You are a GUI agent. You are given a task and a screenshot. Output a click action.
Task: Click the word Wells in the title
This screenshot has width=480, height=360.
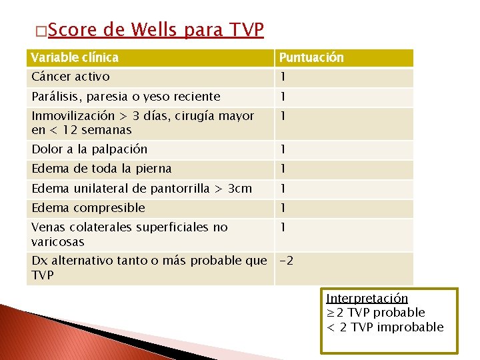click(x=155, y=29)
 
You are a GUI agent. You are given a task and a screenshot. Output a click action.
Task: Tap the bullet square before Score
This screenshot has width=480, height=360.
click(x=41, y=31)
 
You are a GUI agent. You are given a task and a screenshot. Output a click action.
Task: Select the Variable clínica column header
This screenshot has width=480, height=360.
click(x=75, y=57)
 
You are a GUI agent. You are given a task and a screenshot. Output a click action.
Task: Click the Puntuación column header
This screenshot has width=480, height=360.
click(x=311, y=57)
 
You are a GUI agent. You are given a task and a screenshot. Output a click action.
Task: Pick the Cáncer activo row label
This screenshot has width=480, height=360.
click(x=71, y=77)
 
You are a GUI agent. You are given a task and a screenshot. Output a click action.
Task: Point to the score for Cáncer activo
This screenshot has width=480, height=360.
click(x=283, y=77)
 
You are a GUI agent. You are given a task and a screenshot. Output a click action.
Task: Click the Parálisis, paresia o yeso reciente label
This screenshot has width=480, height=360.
click(x=125, y=97)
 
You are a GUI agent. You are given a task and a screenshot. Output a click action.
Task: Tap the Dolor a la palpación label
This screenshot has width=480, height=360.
click(x=89, y=149)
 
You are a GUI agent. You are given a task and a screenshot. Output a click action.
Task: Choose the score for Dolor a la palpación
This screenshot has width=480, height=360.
click(x=283, y=149)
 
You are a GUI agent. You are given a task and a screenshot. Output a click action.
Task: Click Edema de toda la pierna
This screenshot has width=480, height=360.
click(x=101, y=169)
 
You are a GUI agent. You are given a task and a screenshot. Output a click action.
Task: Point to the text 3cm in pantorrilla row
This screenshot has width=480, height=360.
click(x=240, y=188)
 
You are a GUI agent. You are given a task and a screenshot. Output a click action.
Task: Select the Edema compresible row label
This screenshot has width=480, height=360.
click(x=88, y=208)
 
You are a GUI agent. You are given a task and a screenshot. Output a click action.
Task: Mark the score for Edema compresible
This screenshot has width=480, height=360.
click(x=283, y=208)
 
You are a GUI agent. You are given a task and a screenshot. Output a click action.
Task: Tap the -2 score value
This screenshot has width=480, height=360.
click(x=286, y=261)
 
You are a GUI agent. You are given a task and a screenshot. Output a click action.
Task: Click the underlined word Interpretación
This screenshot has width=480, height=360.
click(x=367, y=298)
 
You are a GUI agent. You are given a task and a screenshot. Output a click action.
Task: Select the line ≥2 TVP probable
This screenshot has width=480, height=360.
click(x=375, y=312)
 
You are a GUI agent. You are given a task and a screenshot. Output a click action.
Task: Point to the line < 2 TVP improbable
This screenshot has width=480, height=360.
click(x=385, y=327)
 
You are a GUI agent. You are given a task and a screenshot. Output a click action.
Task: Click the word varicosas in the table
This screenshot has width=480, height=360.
click(x=58, y=241)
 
